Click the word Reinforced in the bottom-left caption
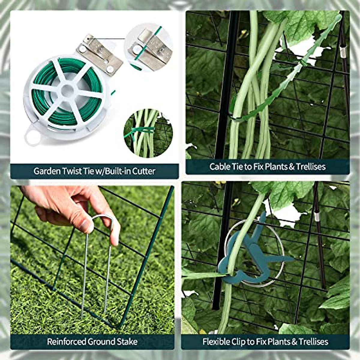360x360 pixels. pos(66,341)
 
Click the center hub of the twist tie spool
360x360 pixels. pos(67,90)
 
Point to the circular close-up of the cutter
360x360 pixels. pos(148,48)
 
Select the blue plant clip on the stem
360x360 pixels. pos(249,255)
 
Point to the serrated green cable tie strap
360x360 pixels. pos(288,75)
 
